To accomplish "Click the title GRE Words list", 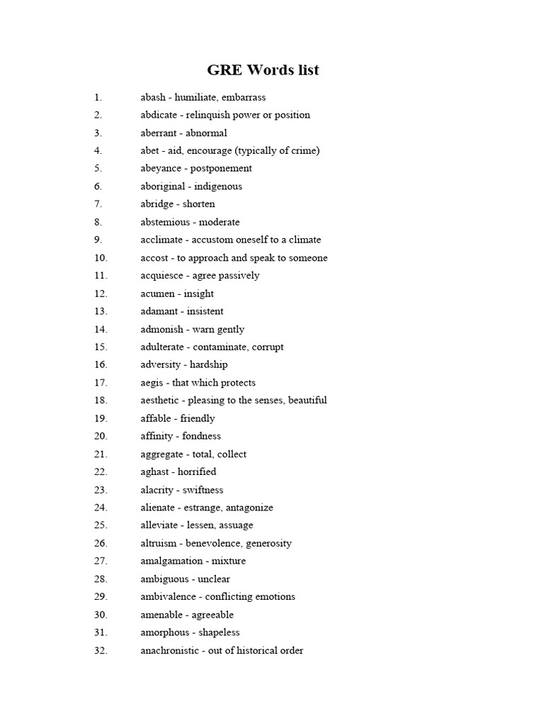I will tap(263, 69).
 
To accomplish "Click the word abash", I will tap(153, 97).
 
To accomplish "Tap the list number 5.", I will tap(98, 168).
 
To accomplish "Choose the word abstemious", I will tap(166, 222).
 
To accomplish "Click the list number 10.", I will tap(101, 258).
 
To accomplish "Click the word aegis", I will tap(152, 383).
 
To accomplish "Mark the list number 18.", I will tap(101, 401).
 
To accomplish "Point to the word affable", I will tap(156, 418).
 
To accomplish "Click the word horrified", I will tap(198, 471).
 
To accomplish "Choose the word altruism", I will tap(159, 543).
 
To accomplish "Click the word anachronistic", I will tap(170, 650).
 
